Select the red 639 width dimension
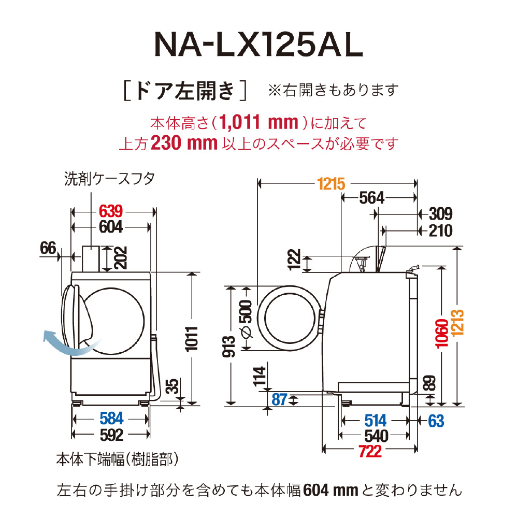(x=111, y=211)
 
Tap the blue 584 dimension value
(x=112, y=419)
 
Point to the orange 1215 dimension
(x=331, y=184)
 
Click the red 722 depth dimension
(x=370, y=451)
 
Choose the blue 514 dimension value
(x=376, y=421)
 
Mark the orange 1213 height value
(x=457, y=323)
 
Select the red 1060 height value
(x=442, y=334)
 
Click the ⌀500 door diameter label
(x=247, y=319)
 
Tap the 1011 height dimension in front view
(x=192, y=339)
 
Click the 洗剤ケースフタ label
(x=109, y=179)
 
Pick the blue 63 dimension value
(x=436, y=421)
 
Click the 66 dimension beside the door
(x=48, y=248)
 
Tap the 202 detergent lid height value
(x=121, y=257)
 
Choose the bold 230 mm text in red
(x=184, y=143)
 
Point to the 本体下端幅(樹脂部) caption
(x=118, y=459)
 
